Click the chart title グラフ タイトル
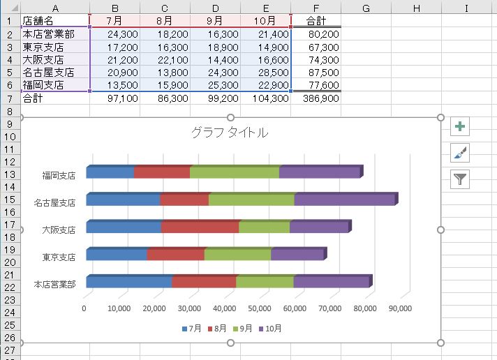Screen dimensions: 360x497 pyautogui.click(x=229, y=133)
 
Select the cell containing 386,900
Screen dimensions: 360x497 pyautogui.click(x=316, y=98)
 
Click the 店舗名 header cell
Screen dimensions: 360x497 pyautogui.click(x=56, y=20)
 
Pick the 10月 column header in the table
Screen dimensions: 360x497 pyautogui.click(x=265, y=20)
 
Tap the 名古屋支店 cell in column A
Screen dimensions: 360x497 pyautogui.click(x=56, y=73)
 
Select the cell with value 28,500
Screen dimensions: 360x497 pyautogui.click(x=265, y=73)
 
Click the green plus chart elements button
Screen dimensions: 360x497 pyautogui.click(x=460, y=126)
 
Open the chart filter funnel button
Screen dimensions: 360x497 pyautogui.click(x=460, y=179)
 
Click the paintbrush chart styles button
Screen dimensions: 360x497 pyautogui.click(x=460, y=153)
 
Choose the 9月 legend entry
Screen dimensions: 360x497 pyautogui.click(x=243, y=328)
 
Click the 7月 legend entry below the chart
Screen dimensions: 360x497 pyautogui.click(x=191, y=328)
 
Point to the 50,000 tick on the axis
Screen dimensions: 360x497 pyautogui.click(x=260, y=308)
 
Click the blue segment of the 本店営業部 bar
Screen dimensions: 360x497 pyautogui.click(x=128, y=282)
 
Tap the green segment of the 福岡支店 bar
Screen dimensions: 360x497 pyautogui.click(x=235, y=172)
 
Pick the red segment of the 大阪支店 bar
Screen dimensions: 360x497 pyautogui.click(x=200, y=227)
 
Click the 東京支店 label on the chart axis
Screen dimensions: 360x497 pyautogui.click(x=59, y=257)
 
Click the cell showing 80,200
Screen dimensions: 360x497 pyautogui.click(x=316, y=33)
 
